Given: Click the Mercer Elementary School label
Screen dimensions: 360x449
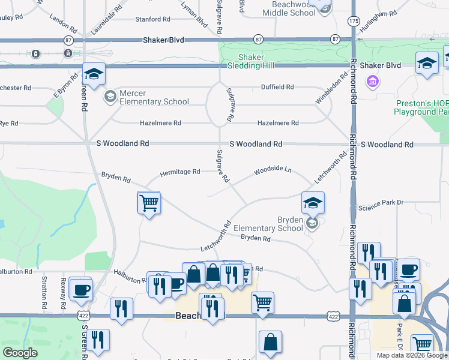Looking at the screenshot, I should pos(154,98).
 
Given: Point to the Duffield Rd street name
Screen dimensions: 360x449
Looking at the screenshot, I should pos(277,87).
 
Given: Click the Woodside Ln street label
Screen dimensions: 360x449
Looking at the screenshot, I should pos(272,170).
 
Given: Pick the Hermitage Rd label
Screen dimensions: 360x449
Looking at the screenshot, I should pos(180,173).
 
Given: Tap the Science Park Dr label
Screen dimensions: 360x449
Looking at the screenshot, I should pos(381,206).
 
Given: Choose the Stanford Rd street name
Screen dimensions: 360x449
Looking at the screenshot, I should pos(152,20).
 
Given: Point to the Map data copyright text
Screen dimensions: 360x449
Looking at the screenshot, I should pos(412,355).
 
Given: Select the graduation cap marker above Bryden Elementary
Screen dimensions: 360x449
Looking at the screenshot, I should pos(313,203).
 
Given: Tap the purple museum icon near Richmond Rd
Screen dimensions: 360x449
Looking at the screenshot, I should pos(372,81).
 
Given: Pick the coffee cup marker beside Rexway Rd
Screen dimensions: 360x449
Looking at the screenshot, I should pos(80,290).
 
